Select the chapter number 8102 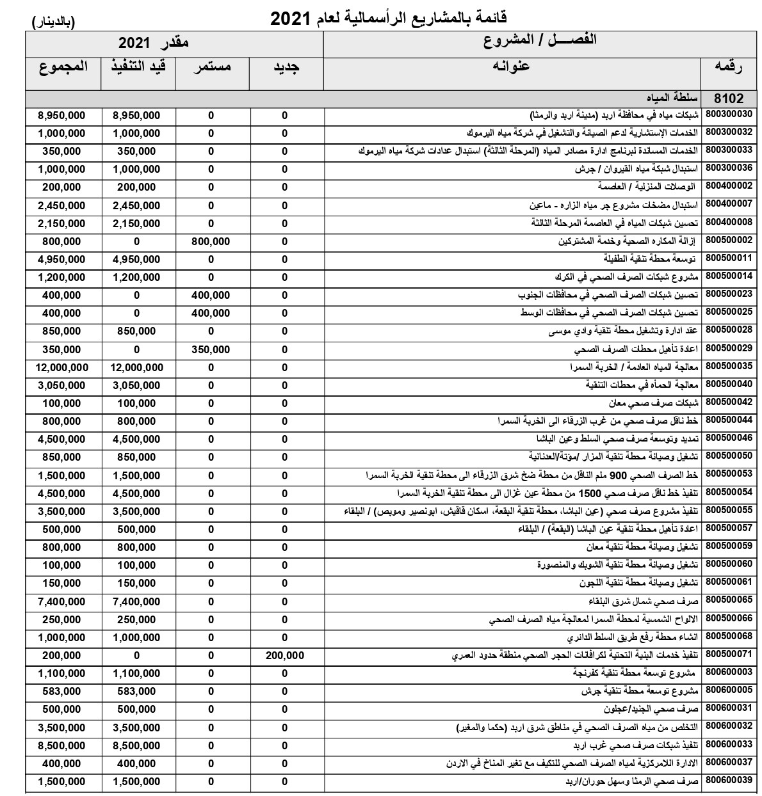coord(728,99)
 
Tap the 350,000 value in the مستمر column coord(211,349)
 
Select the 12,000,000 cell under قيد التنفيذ coord(136,368)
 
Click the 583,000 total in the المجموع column coord(61,692)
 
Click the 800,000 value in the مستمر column coord(211,242)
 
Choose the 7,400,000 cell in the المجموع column coord(61,601)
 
